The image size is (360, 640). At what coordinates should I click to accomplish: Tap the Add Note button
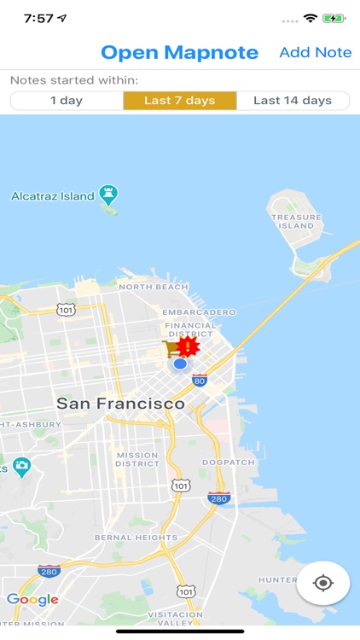tap(315, 52)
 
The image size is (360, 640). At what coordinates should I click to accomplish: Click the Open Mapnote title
tap(179, 52)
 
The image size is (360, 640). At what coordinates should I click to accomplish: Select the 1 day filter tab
tap(67, 101)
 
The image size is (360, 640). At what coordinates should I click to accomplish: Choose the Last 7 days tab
tap(179, 101)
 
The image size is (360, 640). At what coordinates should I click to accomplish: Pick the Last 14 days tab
tap(293, 101)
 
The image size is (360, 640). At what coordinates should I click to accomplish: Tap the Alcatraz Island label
tap(53, 196)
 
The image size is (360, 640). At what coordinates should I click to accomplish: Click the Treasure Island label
tap(297, 222)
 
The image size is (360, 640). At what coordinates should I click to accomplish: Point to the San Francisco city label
tap(120, 403)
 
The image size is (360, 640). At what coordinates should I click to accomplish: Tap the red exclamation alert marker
tap(188, 346)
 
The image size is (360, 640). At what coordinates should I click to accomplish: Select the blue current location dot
tap(180, 364)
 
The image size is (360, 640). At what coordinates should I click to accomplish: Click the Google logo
tap(32, 600)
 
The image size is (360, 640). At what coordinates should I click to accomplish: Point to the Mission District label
tap(136, 460)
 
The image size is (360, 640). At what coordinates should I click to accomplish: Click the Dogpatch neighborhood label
tap(225, 463)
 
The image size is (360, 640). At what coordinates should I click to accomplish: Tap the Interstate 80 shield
tap(200, 380)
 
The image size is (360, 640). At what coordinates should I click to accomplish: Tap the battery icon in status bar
tap(334, 18)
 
